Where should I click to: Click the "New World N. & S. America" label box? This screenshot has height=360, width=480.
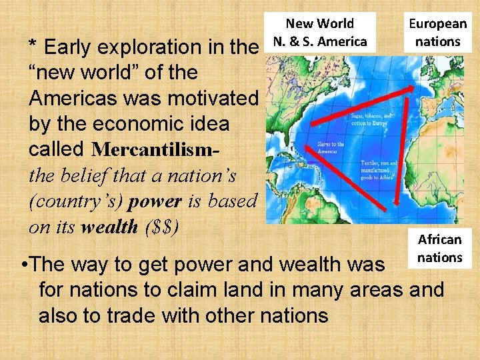pos(321,32)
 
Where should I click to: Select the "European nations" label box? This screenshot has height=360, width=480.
pos(437,32)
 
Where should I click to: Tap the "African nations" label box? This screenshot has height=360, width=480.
pos(439,248)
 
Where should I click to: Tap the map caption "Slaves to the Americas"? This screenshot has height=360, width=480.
pos(330,147)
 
